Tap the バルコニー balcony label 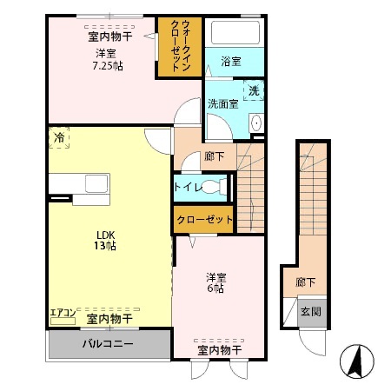[108, 343]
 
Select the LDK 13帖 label [105, 240]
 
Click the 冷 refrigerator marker [59, 137]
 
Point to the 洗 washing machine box [254, 90]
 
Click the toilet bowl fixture [219, 187]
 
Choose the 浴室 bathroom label [230, 61]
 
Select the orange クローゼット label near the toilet [204, 220]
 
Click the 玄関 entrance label [310, 311]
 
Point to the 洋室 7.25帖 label [109, 58]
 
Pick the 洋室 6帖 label [216, 283]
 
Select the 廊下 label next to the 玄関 [305, 282]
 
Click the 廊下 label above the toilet [214, 156]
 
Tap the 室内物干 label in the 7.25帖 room [109, 36]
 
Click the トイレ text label [189, 187]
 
